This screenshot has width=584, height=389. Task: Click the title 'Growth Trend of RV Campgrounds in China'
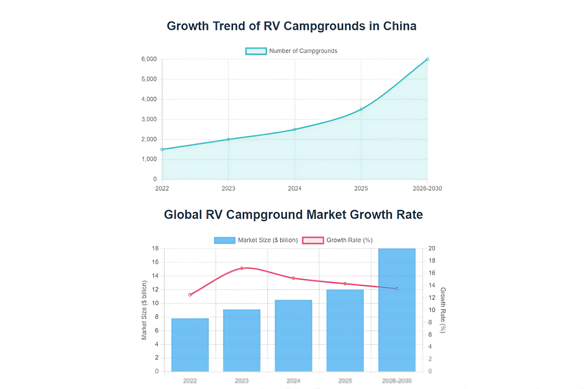click(292, 26)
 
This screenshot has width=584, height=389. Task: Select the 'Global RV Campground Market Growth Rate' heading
click(293, 214)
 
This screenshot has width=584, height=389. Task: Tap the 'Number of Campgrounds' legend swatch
click(256, 51)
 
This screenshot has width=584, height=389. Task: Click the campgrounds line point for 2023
click(228, 140)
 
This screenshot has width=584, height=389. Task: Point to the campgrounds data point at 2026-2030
click(427, 59)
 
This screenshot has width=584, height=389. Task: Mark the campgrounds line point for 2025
click(361, 109)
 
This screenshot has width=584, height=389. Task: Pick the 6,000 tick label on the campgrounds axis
click(149, 59)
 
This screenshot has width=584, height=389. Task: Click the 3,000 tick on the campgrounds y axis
click(149, 120)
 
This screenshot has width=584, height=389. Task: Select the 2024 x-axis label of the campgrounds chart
click(294, 188)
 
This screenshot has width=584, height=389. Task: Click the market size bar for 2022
click(190, 345)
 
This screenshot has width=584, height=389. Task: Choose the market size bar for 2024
click(293, 336)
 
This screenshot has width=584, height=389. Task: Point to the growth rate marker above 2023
click(242, 268)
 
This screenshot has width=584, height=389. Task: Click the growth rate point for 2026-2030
click(397, 289)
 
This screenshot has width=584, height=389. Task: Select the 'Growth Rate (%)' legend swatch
click(313, 240)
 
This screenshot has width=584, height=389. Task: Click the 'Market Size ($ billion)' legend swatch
click(224, 240)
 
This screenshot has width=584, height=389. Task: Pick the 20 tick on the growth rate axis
click(432, 248)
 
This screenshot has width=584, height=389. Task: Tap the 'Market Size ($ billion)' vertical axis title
click(145, 310)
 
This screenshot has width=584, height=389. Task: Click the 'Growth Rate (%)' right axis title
click(442, 310)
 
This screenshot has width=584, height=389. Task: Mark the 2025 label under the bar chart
click(345, 381)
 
